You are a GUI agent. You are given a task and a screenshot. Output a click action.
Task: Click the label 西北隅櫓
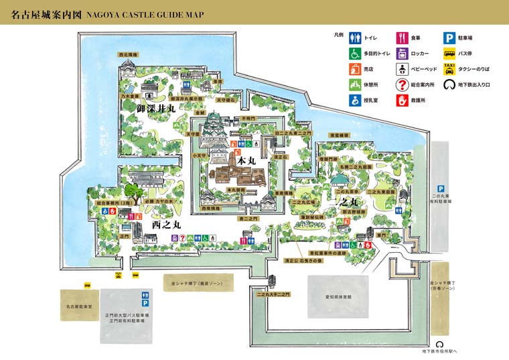pyautogui.click(x=127, y=55)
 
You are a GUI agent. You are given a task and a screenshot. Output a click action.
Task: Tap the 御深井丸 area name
pyautogui.click(x=155, y=108)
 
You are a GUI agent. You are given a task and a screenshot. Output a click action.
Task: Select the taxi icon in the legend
pyautogui.click(x=449, y=68)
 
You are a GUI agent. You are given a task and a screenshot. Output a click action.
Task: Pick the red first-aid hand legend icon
pyautogui.click(x=403, y=100)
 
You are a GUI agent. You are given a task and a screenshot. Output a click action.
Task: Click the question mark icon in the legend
pyautogui.click(x=403, y=84)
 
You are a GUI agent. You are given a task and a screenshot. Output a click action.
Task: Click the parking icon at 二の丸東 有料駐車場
pyautogui.click(x=441, y=189)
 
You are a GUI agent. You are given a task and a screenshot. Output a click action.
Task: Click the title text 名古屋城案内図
pyautogui.click(x=42, y=13)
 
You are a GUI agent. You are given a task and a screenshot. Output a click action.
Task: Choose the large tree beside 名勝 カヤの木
pyautogui.click(x=134, y=194)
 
